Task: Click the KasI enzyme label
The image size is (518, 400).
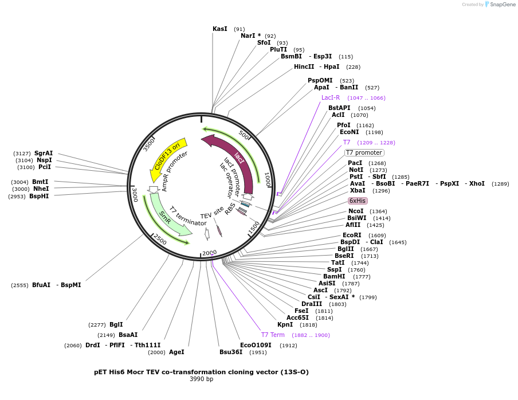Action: click(220, 29)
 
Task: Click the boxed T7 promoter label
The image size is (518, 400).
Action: click(364, 152)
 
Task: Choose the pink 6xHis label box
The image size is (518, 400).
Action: click(358, 201)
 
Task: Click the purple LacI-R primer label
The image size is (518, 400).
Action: click(331, 97)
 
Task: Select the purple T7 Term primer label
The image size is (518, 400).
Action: click(273, 335)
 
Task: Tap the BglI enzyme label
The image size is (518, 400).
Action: click(116, 324)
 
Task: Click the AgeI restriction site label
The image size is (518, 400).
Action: click(176, 352)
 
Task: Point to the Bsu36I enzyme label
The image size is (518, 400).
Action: click(231, 352)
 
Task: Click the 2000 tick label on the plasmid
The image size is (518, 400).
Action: click(209, 253)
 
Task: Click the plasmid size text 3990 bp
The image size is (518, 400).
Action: click(201, 379)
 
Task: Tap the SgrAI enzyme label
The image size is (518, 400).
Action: click(44, 153)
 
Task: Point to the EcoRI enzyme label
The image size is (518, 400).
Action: click(352, 235)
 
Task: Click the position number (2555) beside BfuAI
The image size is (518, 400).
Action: click(19, 285)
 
